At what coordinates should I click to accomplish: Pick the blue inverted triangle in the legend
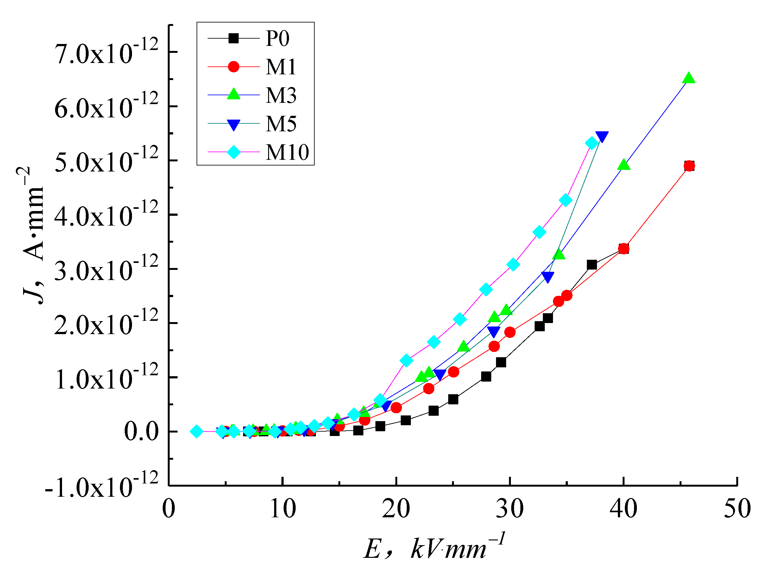[x=234, y=124]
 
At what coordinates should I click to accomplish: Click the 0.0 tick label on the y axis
[x=141, y=432]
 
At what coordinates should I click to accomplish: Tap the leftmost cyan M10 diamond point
[x=197, y=432]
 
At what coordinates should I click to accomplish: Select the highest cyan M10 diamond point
[x=592, y=143]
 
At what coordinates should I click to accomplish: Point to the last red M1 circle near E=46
[x=689, y=166]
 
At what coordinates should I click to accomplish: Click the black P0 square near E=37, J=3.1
[x=592, y=265]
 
